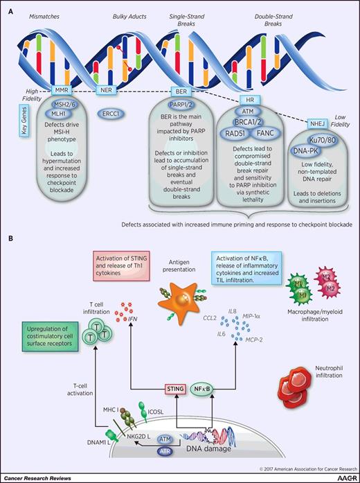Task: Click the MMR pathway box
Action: pyautogui.click(x=62, y=90)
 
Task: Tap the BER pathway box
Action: pyautogui.click(x=181, y=91)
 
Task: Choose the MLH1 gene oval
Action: pyautogui.click(x=62, y=116)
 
